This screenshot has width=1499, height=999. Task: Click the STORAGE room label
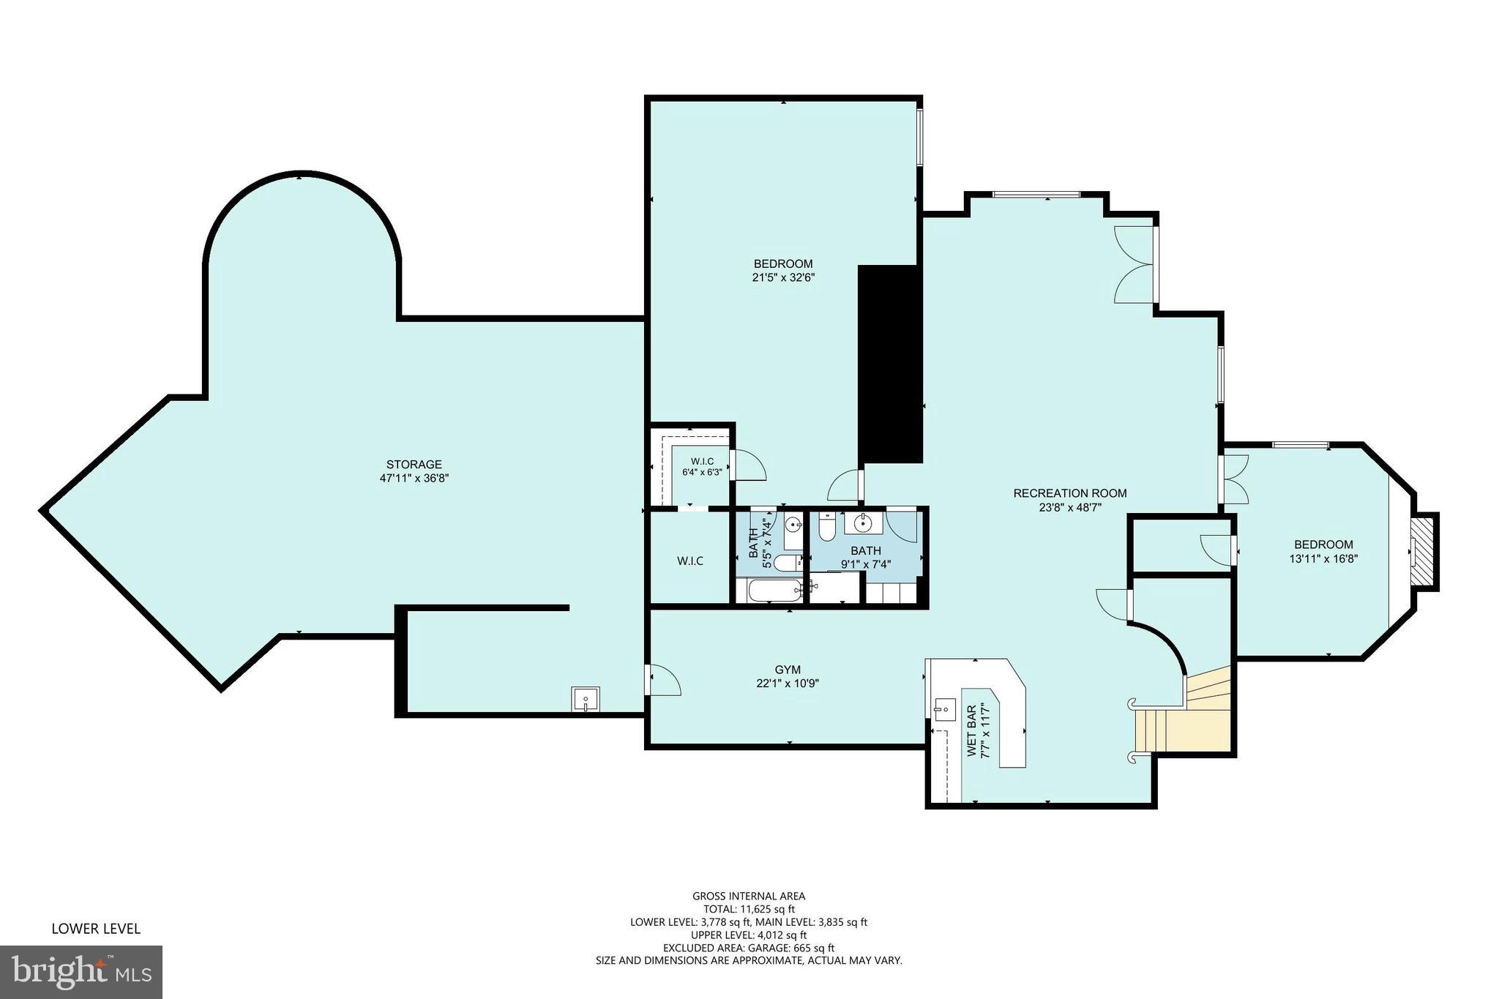click(x=414, y=464)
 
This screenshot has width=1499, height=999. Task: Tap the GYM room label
click(x=788, y=669)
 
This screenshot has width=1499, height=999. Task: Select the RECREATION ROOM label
click(x=1069, y=493)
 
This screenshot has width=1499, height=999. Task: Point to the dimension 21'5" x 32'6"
click(x=783, y=277)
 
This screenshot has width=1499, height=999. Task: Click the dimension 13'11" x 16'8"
click(x=1323, y=558)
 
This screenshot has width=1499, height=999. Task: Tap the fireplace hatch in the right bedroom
click(x=1423, y=550)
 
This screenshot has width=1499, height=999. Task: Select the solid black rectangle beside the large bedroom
click(x=889, y=364)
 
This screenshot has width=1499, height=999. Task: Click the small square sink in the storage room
click(x=586, y=699)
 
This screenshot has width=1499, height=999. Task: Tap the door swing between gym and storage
click(x=665, y=681)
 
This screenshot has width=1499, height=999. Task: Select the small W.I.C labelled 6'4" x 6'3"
click(x=701, y=466)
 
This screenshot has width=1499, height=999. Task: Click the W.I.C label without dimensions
click(x=689, y=561)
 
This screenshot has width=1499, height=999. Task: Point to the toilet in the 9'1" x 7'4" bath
click(x=827, y=528)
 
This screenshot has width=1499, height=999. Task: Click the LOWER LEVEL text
click(x=95, y=929)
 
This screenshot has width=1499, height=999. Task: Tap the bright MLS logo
click(x=81, y=972)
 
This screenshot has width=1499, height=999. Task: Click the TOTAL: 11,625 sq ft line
click(x=748, y=909)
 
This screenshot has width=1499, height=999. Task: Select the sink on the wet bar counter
click(x=945, y=707)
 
